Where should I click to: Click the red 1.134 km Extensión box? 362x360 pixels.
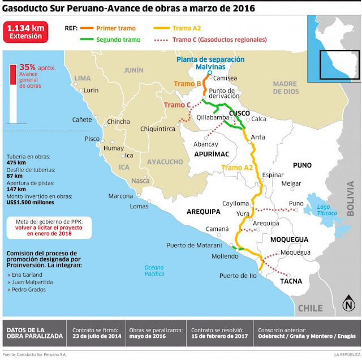25,31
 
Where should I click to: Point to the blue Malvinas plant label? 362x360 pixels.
210,63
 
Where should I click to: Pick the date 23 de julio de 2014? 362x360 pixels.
96,336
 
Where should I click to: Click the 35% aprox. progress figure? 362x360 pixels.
37,67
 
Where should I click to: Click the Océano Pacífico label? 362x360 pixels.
157,269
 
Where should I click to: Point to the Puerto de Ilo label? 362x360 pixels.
238,276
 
